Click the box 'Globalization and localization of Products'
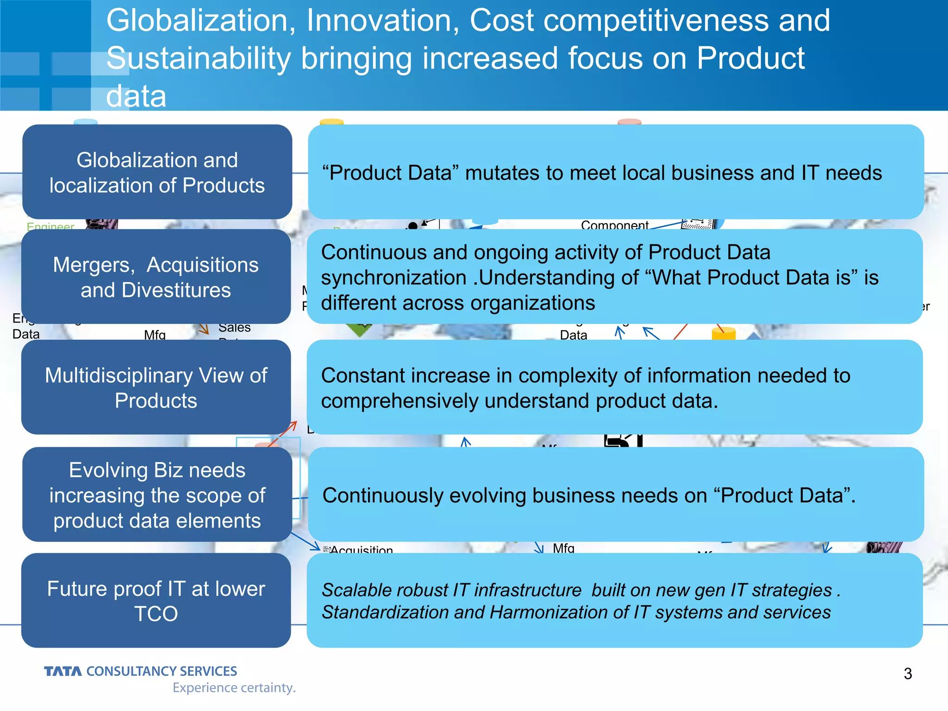point(157,172)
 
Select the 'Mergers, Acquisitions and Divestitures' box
point(156,277)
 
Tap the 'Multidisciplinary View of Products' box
point(156,387)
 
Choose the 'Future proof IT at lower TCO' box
point(156,600)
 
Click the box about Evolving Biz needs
point(157,495)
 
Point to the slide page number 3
point(908,674)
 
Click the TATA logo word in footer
point(63,671)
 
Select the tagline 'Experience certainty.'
point(234,688)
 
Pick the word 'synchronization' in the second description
point(393,278)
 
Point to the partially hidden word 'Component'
point(614,225)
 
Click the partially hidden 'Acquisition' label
point(361,549)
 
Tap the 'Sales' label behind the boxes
point(234,328)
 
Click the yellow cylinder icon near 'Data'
point(723,333)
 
